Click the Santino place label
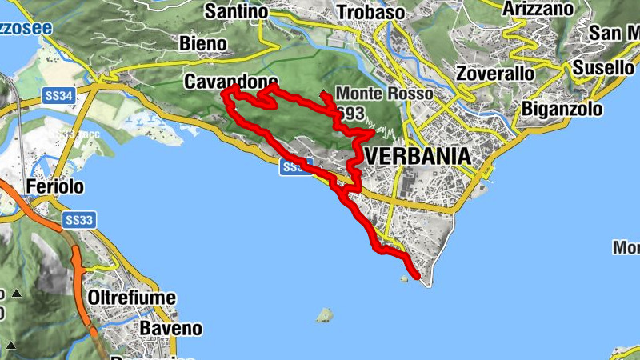click(236, 11)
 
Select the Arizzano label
click(538, 9)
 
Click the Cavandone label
click(230, 82)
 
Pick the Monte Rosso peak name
click(384, 94)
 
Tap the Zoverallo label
click(494, 73)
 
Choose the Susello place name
click(603, 68)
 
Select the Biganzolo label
click(560, 109)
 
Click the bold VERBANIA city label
click(417, 156)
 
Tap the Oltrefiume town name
click(131, 298)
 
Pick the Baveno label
click(170, 328)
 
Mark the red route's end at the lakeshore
click(418, 277)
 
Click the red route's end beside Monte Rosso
click(322, 94)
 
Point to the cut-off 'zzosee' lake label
click(26, 29)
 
